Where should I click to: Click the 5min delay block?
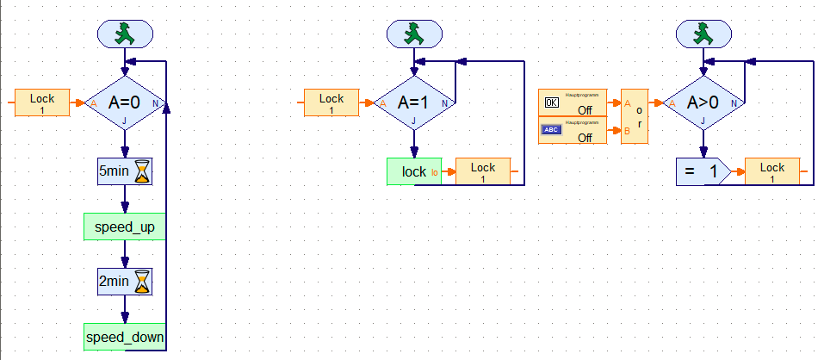(x=125, y=171)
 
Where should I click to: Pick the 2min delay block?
(x=125, y=281)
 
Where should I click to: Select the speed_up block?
(x=125, y=227)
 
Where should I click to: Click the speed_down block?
(x=125, y=337)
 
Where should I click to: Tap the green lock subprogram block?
(x=414, y=171)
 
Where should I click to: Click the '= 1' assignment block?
(x=701, y=171)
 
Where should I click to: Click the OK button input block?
(x=572, y=103)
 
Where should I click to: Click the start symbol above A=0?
(x=125, y=34)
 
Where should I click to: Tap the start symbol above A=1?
(x=414, y=34)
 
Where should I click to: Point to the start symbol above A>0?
(x=703, y=34)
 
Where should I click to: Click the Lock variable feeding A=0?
(x=42, y=103)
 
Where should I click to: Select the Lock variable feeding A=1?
(x=331, y=103)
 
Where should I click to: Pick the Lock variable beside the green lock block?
(x=483, y=171)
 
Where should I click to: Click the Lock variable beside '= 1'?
(x=772, y=171)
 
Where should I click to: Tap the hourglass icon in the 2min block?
(x=143, y=281)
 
